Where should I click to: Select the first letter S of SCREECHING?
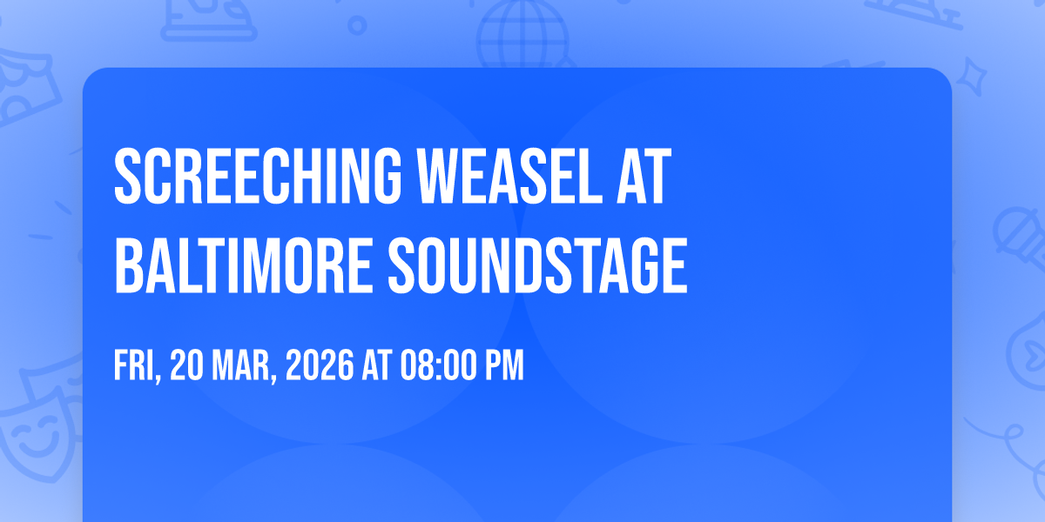point(128,177)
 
